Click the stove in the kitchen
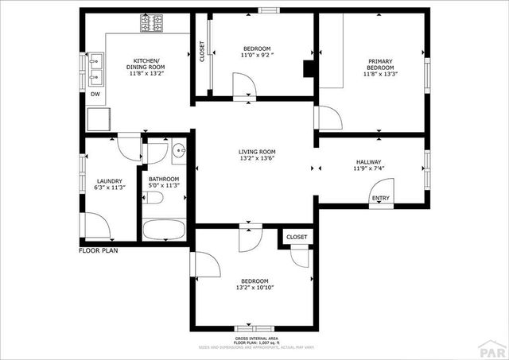pyautogui.click(x=152, y=24)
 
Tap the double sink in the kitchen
pyautogui.click(x=97, y=69)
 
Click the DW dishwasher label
pyautogui.click(x=95, y=95)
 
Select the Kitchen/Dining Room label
pyautogui.click(x=146, y=68)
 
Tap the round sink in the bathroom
pyautogui.click(x=178, y=149)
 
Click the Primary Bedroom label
pyautogui.click(x=379, y=64)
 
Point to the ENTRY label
pyautogui.click(x=381, y=199)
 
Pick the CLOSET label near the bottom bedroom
pyautogui.click(x=297, y=237)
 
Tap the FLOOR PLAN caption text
pyautogui.click(x=99, y=251)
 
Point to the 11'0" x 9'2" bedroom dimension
pyautogui.click(x=256, y=56)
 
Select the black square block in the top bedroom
pyautogui.click(x=309, y=69)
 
